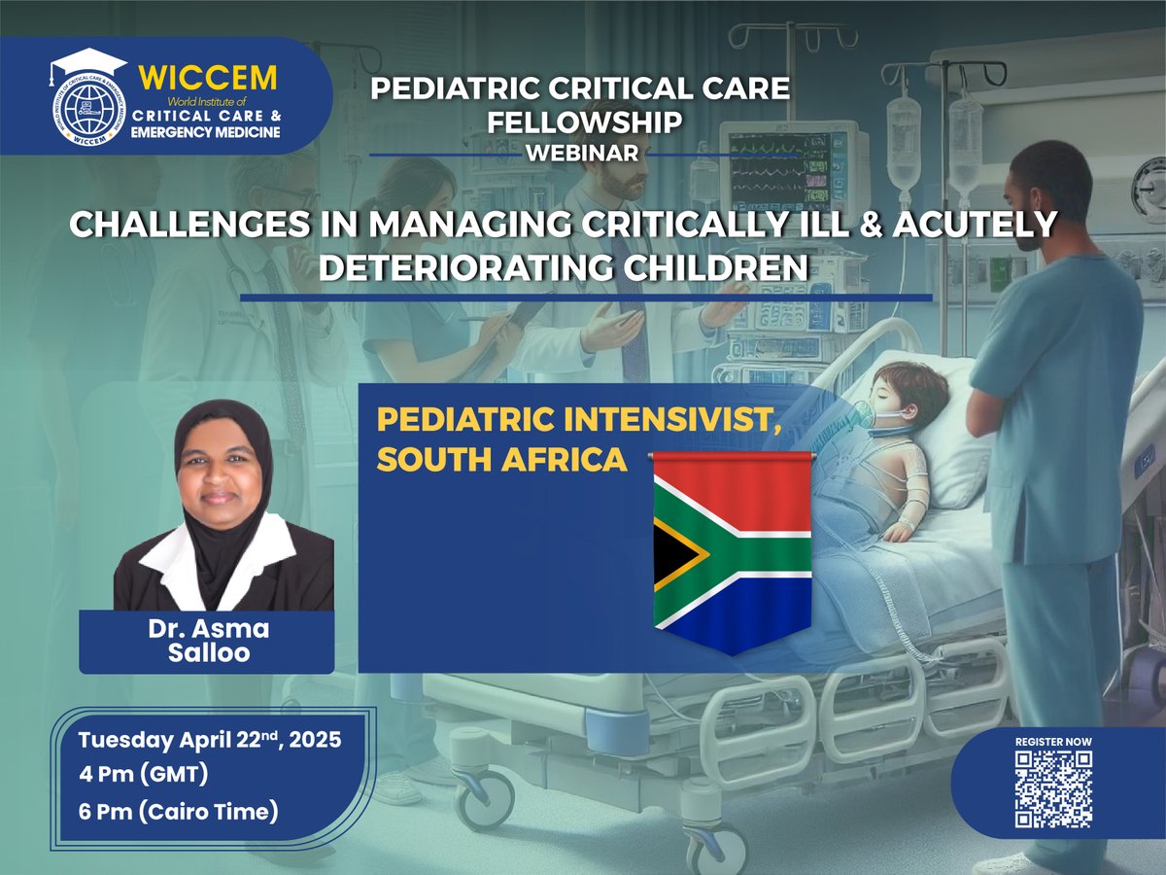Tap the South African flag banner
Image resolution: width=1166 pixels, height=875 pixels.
point(732,549)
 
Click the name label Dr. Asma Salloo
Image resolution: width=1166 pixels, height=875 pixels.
point(206,641)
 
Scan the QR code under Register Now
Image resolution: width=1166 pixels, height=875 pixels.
point(1054,789)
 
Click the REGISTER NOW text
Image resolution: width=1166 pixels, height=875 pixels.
point(1053,742)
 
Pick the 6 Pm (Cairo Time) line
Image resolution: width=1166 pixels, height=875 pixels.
point(179,810)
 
